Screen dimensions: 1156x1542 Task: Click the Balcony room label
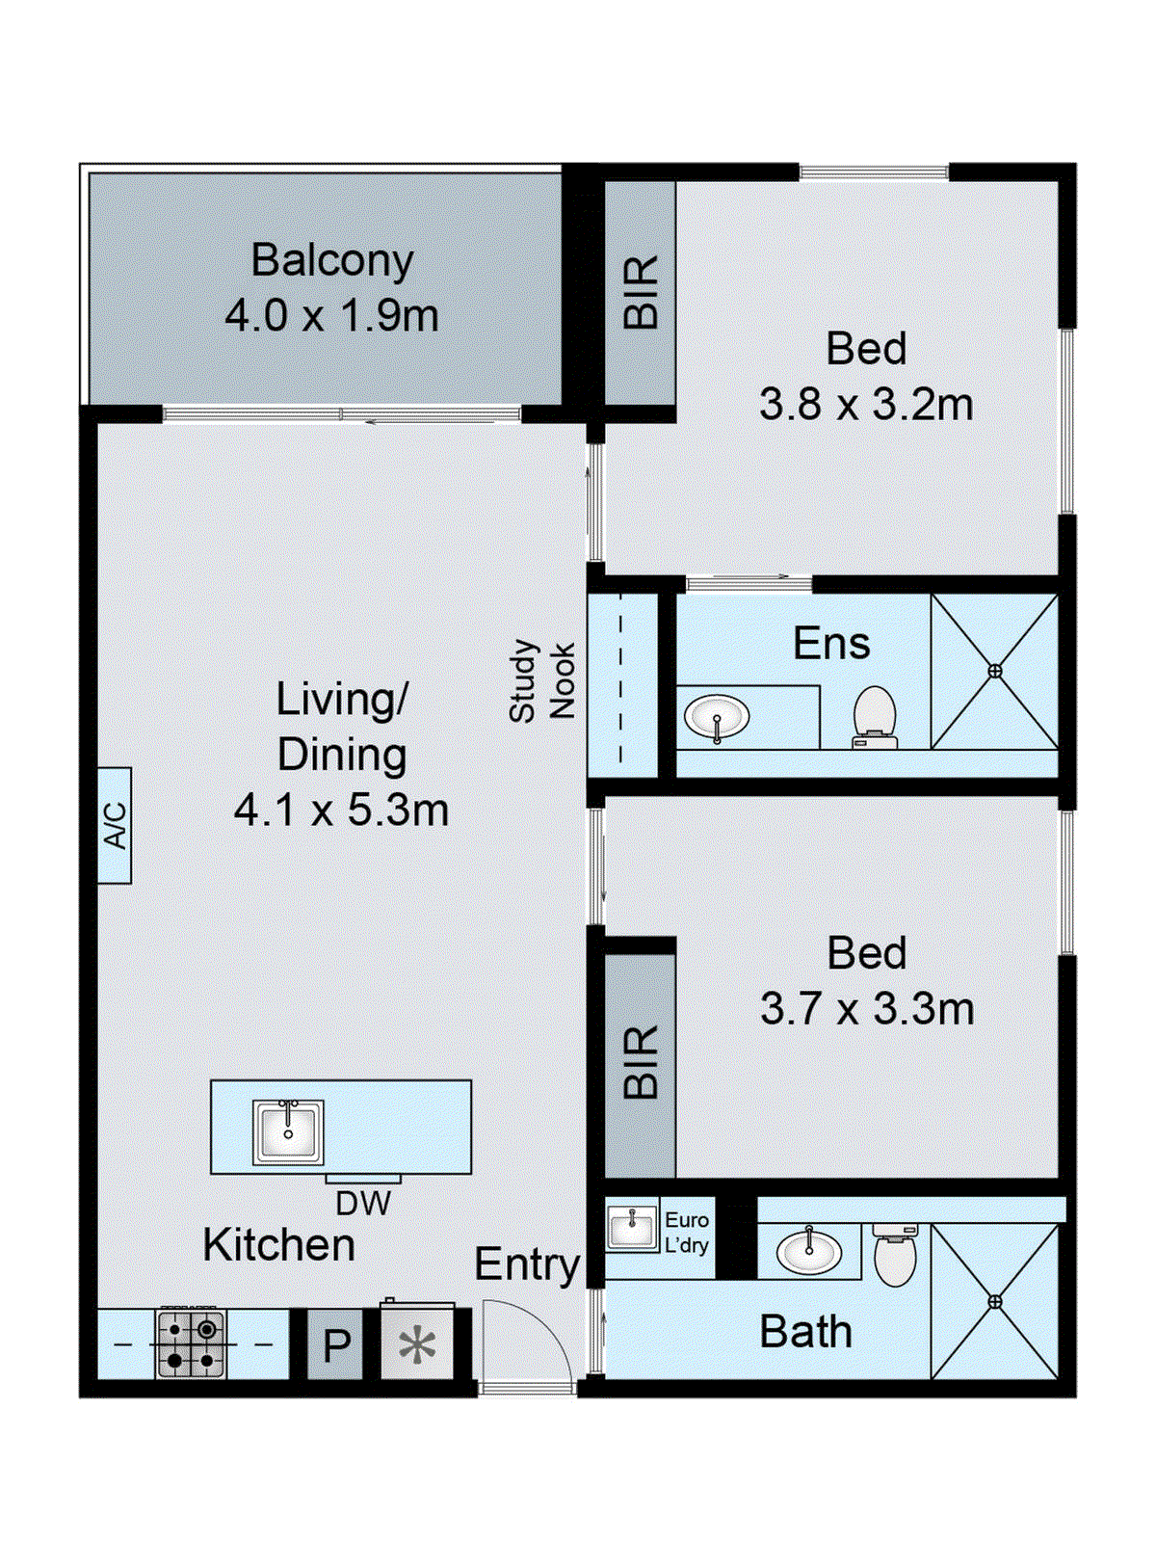point(332,261)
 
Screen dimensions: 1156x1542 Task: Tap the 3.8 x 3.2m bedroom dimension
point(866,406)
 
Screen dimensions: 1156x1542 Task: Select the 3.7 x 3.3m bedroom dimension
point(867,1009)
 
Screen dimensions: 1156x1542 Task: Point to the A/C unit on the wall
point(115,825)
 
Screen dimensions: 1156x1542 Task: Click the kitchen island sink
point(288,1131)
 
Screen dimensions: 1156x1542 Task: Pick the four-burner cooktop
point(191,1344)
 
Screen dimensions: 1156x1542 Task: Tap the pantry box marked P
point(336,1344)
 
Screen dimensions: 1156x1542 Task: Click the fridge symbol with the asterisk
point(417,1343)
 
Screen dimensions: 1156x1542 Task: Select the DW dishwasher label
point(363,1204)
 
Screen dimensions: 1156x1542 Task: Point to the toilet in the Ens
point(875,717)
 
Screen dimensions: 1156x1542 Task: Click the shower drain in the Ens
point(994,672)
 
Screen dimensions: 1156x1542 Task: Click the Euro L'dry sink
point(632,1228)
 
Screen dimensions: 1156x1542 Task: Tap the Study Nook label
point(541,680)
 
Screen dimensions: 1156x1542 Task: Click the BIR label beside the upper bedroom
point(641,292)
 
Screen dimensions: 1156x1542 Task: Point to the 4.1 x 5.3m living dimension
point(341,810)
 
